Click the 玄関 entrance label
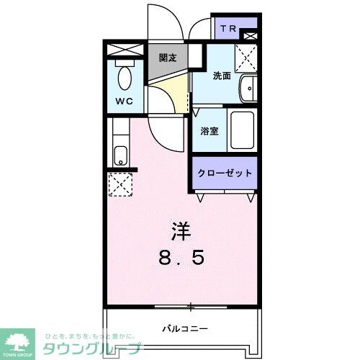[x=168, y=58]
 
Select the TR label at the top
[x=228, y=29]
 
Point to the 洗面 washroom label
[x=221, y=75]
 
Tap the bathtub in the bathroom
[x=242, y=130]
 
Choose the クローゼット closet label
[x=225, y=174]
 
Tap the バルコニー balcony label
[x=180, y=327]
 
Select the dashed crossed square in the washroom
[x=246, y=55]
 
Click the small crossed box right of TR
[x=250, y=34]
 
